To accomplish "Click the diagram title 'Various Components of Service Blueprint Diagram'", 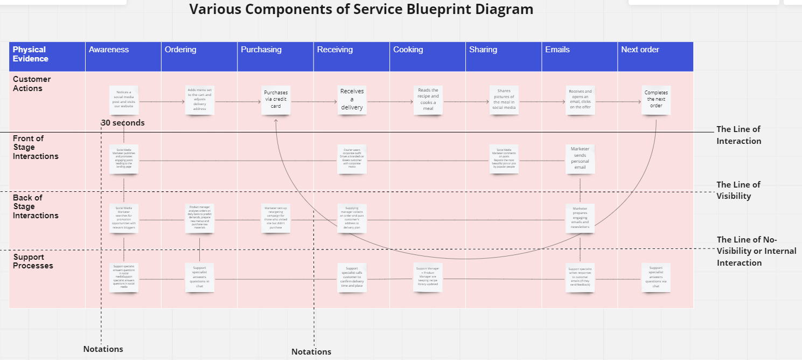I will pos(361,10).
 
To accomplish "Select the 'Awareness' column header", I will pos(109,50).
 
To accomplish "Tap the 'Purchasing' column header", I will pos(261,50).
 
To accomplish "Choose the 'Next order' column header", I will pos(640,50).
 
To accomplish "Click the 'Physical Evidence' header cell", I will pos(31,54).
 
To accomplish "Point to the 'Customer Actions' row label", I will pos(32,84).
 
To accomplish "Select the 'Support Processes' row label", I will pos(33,261).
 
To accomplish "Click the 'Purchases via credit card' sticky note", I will pos(276,100).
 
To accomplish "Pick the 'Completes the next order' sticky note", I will pos(656,99).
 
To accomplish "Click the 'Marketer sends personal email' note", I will pos(580,158).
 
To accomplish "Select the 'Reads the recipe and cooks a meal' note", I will pos(428,100).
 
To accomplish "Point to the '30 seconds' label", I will pos(123,123).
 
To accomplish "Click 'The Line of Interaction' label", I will pos(738,135).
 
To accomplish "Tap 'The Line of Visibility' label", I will pos(738,190).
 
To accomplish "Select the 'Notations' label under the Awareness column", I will pos(103,349).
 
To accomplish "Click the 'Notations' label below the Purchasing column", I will pos(311,352).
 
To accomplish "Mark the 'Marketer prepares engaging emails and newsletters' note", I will pos(580,218).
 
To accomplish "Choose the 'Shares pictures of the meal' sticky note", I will pos(504,100).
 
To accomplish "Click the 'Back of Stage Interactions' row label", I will pos(35,206).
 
